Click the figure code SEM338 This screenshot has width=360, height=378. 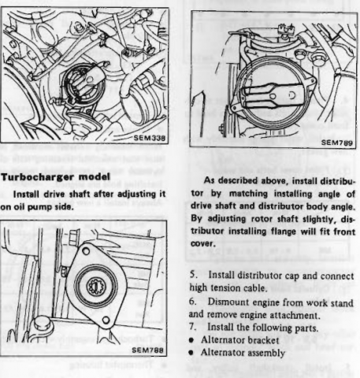pyautogui.click(x=150, y=138)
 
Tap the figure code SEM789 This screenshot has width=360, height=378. pyautogui.click(x=337, y=143)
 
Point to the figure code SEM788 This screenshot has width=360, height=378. pyautogui.click(x=147, y=350)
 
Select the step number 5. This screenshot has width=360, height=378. pyautogui.click(x=193, y=275)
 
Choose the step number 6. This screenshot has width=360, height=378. pyautogui.click(x=193, y=302)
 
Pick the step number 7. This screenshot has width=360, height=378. pyautogui.click(x=193, y=327)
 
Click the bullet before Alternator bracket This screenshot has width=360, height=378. pyautogui.click(x=191, y=340)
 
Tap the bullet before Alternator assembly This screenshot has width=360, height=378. pyautogui.click(x=191, y=353)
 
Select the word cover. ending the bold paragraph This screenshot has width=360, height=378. pyautogui.click(x=203, y=243)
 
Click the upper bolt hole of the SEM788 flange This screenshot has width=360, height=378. pyautogui.click(x=86, y=251)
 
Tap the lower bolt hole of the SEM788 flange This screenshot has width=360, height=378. pyautogui.click(x=106, y=321)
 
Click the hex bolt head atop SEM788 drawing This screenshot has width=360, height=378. pyautogui.click(x=73, y=236)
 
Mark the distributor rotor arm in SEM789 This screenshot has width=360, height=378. pyautogui.click(x=273, y=95)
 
